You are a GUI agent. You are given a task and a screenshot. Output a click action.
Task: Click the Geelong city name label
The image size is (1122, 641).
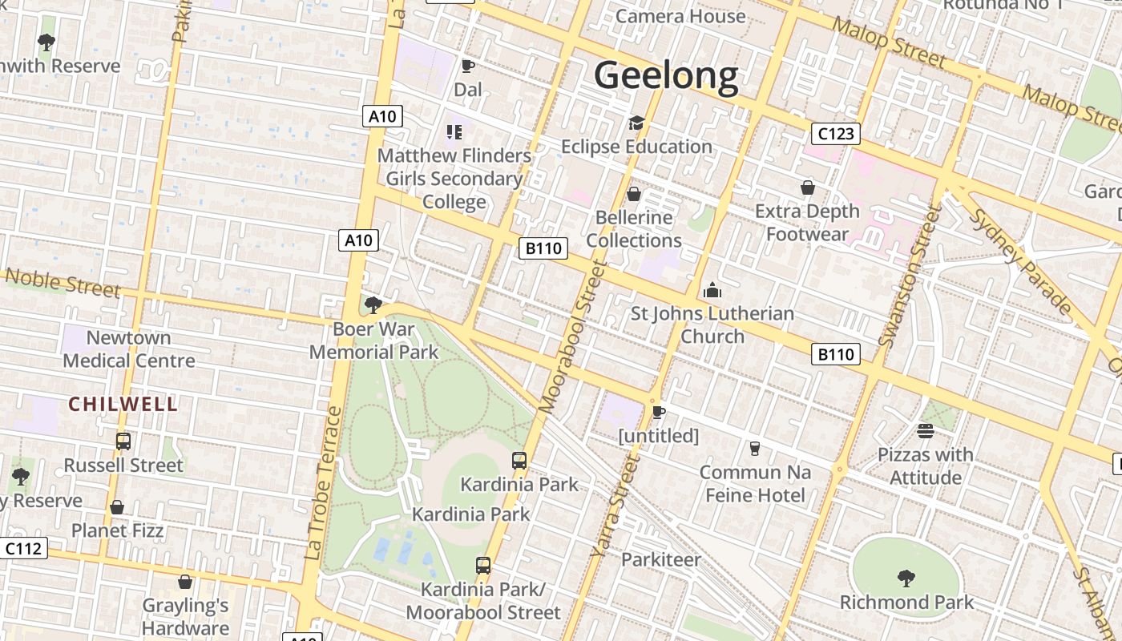tap(665, 75)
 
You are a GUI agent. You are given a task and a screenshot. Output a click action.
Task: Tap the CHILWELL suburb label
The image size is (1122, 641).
tap(123, 404)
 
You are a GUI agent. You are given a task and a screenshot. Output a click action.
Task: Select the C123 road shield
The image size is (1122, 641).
tap(835, 133)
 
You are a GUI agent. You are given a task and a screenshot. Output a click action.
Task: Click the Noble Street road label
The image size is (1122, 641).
tap(63, 282)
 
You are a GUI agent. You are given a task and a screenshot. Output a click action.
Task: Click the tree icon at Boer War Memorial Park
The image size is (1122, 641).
tap(373, 304)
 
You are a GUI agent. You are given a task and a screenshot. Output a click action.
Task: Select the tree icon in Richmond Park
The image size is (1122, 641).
tap(906, 578)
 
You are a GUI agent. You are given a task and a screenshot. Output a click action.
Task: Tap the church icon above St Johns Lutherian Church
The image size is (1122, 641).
tap(712, 290)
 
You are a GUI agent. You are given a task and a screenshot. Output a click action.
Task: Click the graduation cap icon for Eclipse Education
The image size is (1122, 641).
tap(636, 123)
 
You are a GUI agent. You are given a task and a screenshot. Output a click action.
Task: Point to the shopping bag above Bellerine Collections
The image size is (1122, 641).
tap(634, 194)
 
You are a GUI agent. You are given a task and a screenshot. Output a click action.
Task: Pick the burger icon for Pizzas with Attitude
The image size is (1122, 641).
tap(926, 431)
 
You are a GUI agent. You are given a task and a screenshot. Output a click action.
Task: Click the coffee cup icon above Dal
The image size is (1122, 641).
tap(468, 66)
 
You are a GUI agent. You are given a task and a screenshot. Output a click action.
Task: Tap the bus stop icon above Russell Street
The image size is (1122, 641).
tap(123, 441)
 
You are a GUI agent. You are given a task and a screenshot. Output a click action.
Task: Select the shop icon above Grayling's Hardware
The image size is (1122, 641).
tap(185, 582)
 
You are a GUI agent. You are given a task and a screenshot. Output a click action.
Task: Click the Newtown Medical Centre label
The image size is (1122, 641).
tap(129, 349)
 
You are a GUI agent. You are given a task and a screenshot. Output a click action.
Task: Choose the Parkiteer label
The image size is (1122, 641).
tap(661, 559)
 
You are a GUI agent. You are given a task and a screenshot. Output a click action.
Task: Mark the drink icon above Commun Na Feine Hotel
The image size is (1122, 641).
tap(754, 449)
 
